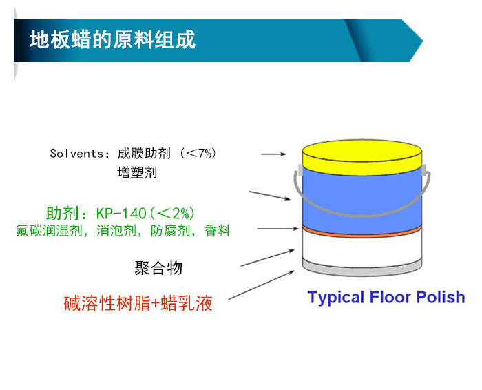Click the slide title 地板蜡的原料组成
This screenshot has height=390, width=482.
click(x=112, y=40)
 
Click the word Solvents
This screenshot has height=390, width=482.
click(x=77, y=154)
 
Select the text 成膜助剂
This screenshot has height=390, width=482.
click(x=144, y=154)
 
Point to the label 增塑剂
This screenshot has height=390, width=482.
click(x=137, y=172)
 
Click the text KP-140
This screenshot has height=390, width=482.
click(x=121, y=214)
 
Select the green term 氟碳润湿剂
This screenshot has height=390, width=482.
click(x=49, y=231)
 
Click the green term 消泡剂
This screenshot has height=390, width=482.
click(x=116, y=231)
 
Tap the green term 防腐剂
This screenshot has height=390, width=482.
click(x=170, y=231)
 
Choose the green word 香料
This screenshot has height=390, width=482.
click(x=218, y=231)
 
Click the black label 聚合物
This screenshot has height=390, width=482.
click(x=158, y=267)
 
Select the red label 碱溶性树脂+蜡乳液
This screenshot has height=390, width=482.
click(x=138, y=303)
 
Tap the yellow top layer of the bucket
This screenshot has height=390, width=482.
click(x=362, y=158)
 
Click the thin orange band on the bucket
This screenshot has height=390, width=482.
click(x=362, y=232)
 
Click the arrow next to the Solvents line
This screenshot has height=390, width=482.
click(x=273, y=154)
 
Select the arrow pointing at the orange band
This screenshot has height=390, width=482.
click(x=278, y=229)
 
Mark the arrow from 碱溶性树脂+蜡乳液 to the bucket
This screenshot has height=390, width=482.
click(x=261, y=285)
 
